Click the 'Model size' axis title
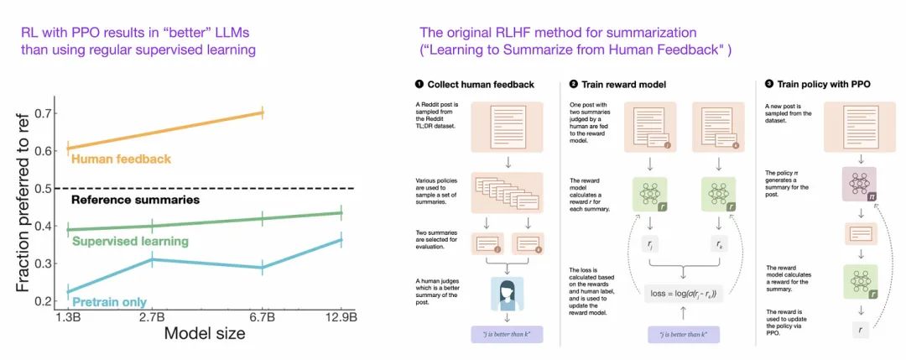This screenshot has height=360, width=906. coord(205,333)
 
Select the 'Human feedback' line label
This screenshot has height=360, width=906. coord(122,158)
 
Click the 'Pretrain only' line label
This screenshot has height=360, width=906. coord(110,302)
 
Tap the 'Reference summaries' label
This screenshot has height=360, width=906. coord(135,200)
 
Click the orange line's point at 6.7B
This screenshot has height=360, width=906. coord(263,112)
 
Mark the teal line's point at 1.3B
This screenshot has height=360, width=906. coord(69,291)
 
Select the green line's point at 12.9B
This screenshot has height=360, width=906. coord(340,212)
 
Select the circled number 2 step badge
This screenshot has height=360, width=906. coord(574,84)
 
